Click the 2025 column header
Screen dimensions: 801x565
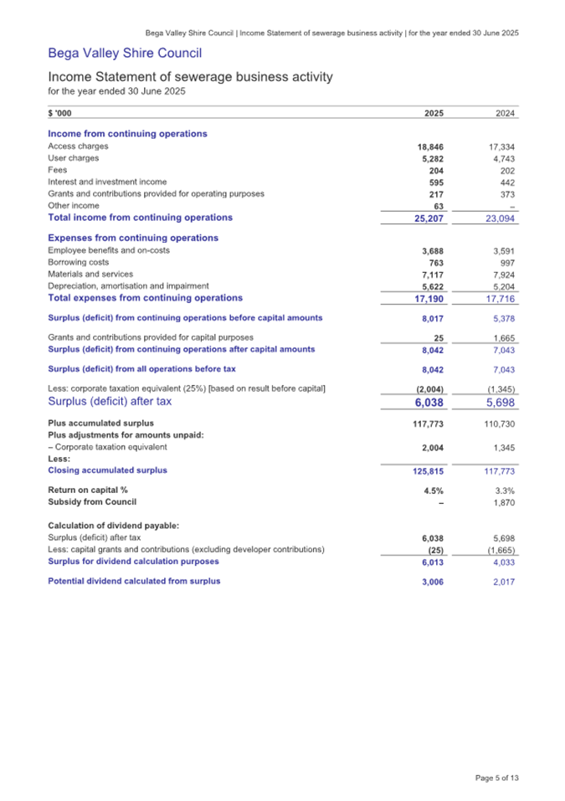click(x=434, y=115)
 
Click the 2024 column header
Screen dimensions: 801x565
click(x=505, y=115)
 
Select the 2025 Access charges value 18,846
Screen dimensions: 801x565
click(x=429, y=146)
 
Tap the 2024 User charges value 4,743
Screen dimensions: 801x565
click(x=503, y=158)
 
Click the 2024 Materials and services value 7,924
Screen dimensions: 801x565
click(x=503, y=274)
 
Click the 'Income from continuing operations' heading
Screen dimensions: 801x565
click(x=127, y=134)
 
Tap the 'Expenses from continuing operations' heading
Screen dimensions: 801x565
click(x=133, y=239)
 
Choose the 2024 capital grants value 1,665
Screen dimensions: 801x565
click(x=503, y=338)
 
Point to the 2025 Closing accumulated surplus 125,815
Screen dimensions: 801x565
click(x=424, y=470)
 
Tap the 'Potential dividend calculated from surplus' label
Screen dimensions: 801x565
click(x=134, y=581)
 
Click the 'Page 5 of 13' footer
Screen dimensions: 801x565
click(x=496, y=778)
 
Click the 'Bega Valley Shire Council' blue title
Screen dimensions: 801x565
click(x=125, y=54)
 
